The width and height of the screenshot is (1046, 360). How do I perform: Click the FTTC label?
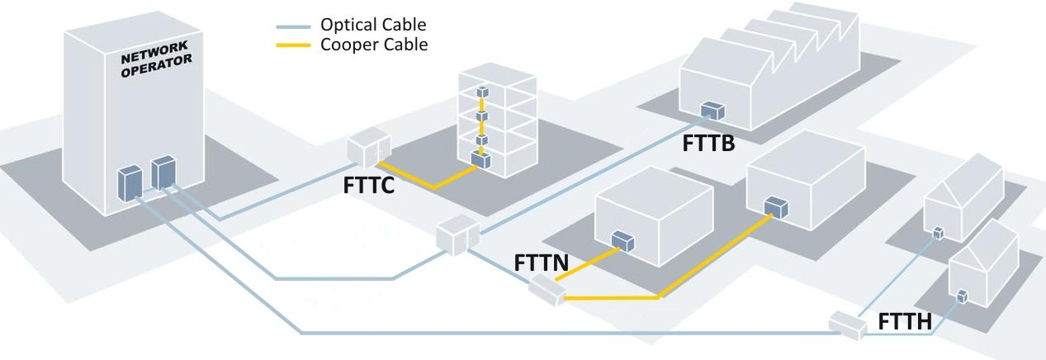pos(367,185)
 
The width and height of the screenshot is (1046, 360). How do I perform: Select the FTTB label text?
pos(708,143)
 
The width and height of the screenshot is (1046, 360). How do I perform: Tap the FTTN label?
pos(541,263)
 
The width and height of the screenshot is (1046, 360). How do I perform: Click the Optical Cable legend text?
pos(373,25)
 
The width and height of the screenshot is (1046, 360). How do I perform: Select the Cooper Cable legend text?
pos(373,45)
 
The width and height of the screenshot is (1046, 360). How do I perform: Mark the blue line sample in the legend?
pos(294,26)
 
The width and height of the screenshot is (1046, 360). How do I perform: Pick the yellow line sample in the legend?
pos(294,45)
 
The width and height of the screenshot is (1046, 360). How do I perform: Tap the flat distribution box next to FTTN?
pos(547,290)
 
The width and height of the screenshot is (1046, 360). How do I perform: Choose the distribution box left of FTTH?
pos(848,324)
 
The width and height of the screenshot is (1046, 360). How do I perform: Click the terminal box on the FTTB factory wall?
pos(712,110)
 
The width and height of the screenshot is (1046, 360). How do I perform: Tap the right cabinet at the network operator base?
pos(163,172)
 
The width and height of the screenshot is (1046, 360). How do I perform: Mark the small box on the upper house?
pos(938,233)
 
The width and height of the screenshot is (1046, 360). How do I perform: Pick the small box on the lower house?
pos(962,295)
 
